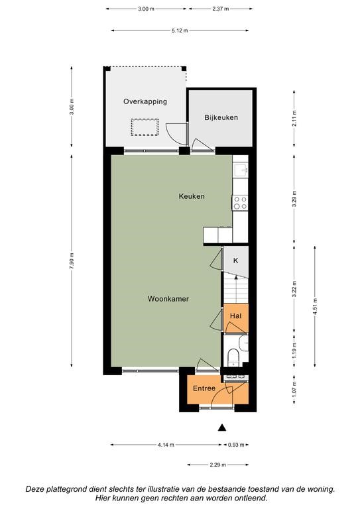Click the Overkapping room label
point(145,101)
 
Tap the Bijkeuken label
point(221,117)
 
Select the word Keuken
point(192,196)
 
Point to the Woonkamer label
point(168,299)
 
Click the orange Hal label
point(235,315)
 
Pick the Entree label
point(204,388)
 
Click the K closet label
point(236,260)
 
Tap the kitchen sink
point(241,170)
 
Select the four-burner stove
point(240,203)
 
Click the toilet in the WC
point(233,357)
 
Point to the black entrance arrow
point(221,428)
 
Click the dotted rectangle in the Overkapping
point(145,127)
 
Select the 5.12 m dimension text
point(180,30)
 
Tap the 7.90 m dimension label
point(72,260)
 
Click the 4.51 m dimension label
point(314,306)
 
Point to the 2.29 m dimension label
point(218,465)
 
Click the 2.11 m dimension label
point(294,119)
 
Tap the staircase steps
point(235,290)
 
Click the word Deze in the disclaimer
point(34,489)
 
